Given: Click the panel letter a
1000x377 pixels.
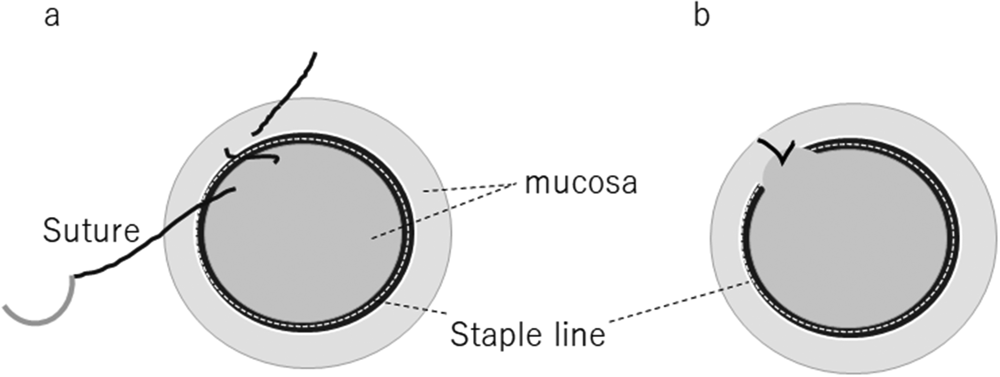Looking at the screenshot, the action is click(52, 17).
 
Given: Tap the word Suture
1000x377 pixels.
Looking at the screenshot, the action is click(91, 231).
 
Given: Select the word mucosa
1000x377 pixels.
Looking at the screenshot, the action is click(581, 183).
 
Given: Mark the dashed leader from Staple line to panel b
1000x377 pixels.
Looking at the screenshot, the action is click(677, 302).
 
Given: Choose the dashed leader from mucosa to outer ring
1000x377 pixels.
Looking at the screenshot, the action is click(468, 188).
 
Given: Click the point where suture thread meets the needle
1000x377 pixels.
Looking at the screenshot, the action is click(76, 276).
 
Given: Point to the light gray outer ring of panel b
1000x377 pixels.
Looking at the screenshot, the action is click(971, 239).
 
